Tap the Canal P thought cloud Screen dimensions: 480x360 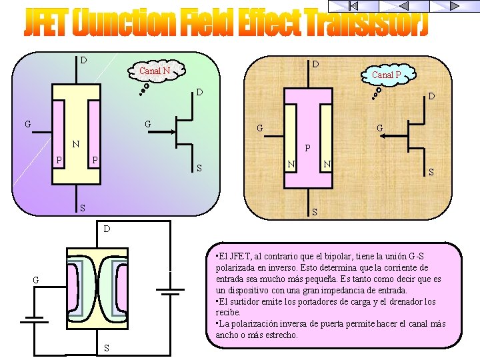(x=387, y=74)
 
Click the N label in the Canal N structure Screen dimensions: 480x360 (x=76, y=143)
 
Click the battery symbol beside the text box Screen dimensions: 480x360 (x=169, y=291)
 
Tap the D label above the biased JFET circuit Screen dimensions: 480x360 (x=106, y=229)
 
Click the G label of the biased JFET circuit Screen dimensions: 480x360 (x=37, y=280)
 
